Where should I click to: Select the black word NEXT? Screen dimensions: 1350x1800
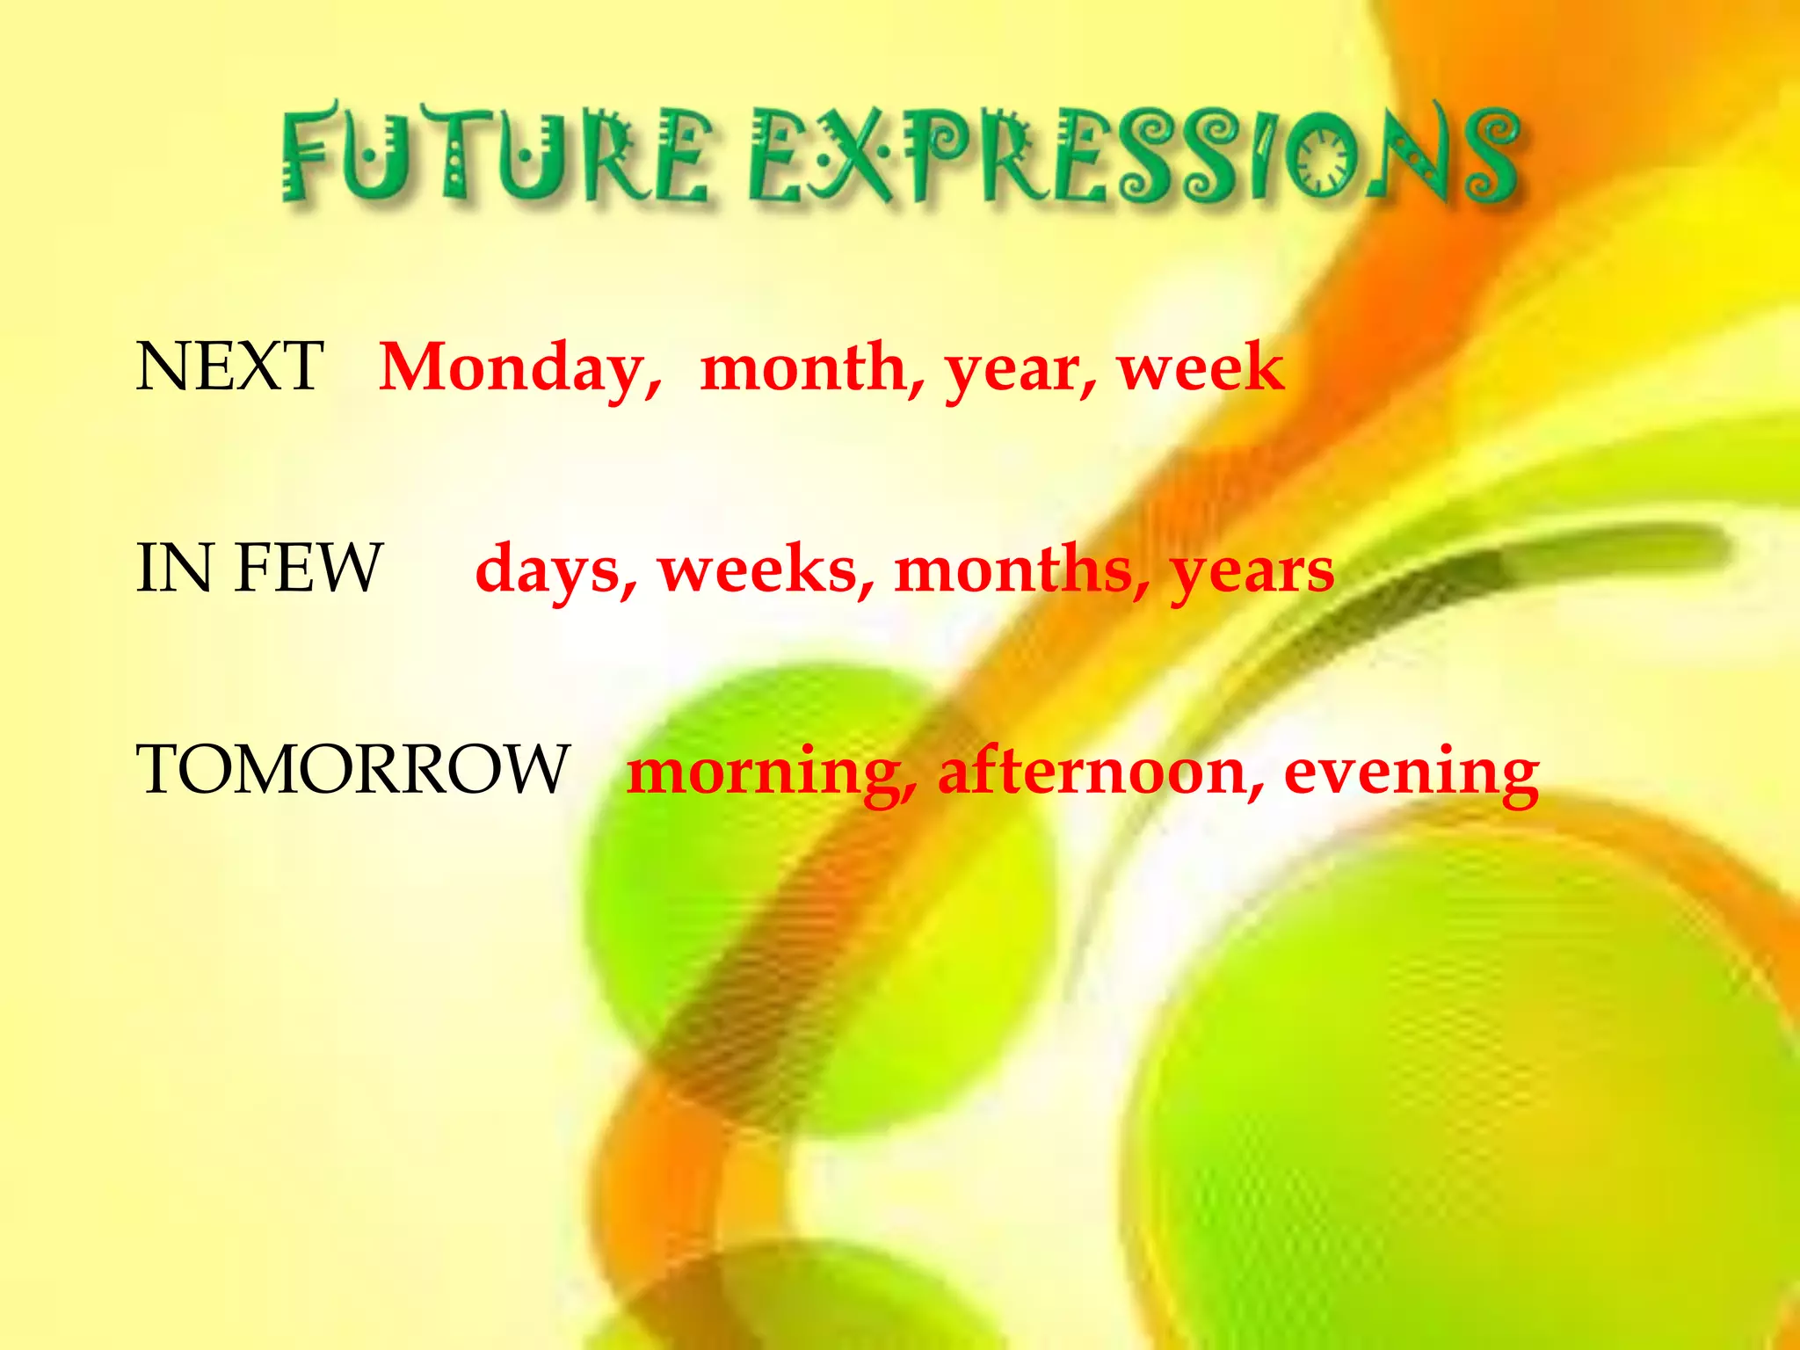pos(229,367)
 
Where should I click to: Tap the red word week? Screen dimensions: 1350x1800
pos(1201,367)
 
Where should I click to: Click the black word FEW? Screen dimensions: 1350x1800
pos(308,569)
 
